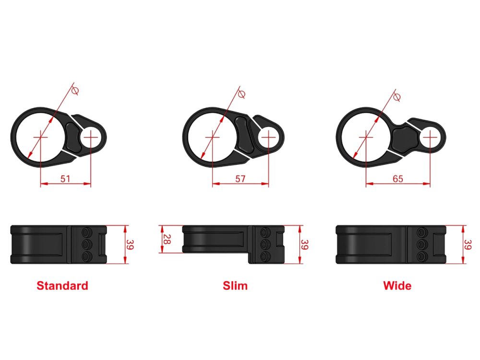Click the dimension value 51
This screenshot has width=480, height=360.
point(65,179)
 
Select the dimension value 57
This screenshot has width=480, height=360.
point(240,179)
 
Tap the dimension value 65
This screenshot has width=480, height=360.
point(397,179)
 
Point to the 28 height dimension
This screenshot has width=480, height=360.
point(167,239)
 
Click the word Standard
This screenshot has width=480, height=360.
point(62,286)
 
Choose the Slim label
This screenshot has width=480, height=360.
point(235,286)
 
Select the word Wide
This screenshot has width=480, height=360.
point(397,286)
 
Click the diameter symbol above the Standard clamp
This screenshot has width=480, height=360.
point(75,91)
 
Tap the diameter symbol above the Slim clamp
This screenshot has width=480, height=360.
point(241,94)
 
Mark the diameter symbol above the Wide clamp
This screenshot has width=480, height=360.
point(397,97)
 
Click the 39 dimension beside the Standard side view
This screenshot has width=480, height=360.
point(130,244)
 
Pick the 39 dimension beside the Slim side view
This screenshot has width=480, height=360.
point(304,244)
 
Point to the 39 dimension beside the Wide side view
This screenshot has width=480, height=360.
point(467,244)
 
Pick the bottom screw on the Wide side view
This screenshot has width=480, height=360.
point(422,256)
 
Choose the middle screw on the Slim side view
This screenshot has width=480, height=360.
point(265,244)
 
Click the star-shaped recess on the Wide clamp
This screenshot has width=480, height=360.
point(405,140)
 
